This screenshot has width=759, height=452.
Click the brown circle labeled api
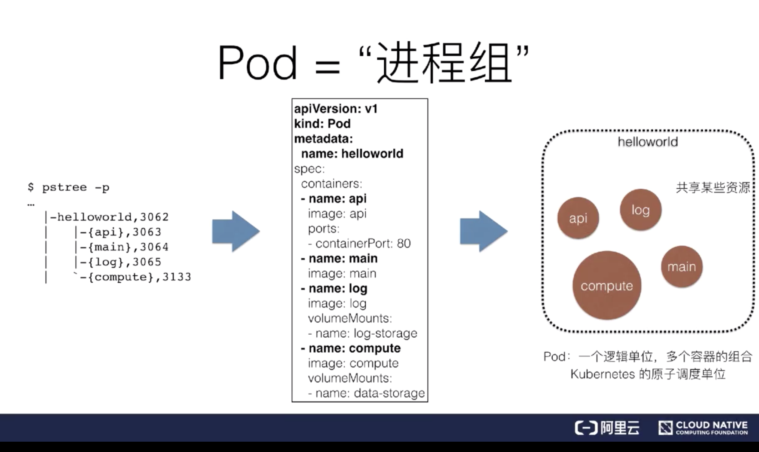pyautogui.click(x=578, y=218)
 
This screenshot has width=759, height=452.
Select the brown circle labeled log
pyautogui.click(x=640, y=210)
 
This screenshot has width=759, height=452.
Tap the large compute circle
pyautogui.click(x=606, y=286)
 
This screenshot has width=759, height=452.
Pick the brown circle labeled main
pyautogui.click(x=681, y=267)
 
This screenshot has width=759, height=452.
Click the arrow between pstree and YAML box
pyautogui.click(x=235, y=231)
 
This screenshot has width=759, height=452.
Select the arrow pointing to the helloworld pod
pyautogui.click(x=483, y=231)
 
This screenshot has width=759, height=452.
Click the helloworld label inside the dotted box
pyautogui.click(x=647, y=142)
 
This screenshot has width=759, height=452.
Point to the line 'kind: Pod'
pyautogui.click(x=322, y=124)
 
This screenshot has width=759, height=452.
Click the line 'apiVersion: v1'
pyautogui.click(x=336, y=109)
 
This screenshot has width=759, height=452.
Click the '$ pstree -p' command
pyautogui.click(x=69, y=187)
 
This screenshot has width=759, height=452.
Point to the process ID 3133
pyautogui.click(x=177, y=277)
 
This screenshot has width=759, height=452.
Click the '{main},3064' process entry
pyautogui.click(x=125, y=247)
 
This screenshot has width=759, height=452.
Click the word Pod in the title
pyautogui.click(x=257, y=63)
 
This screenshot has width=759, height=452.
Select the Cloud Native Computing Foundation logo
pyautogui.click(x=703, y=428)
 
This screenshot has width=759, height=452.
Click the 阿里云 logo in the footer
pyautogui.click(x=607, y=428)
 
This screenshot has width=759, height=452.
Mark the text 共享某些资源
pyautogui.click(x=712, y=188)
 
